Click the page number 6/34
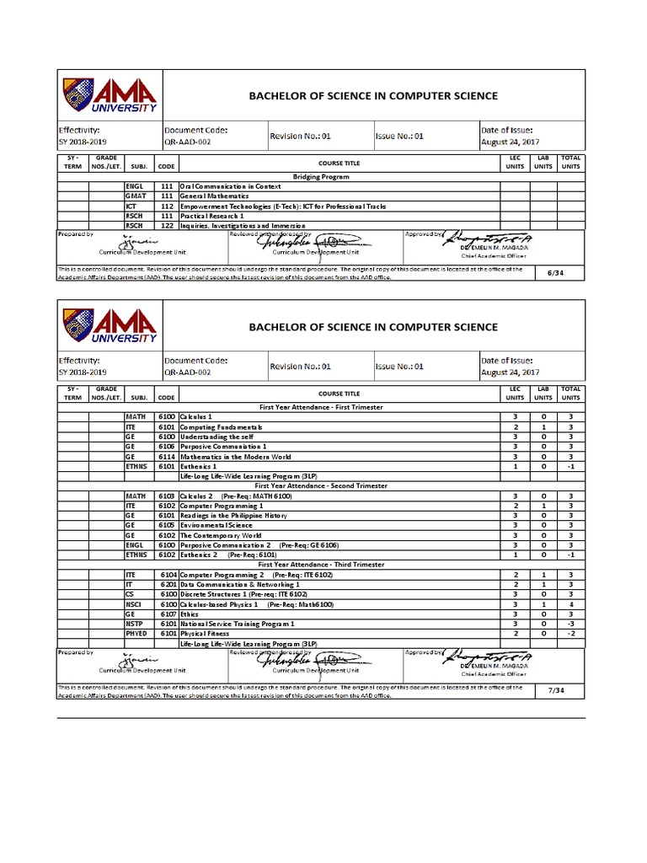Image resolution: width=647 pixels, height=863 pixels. coord(555,273)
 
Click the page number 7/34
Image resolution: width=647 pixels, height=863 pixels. coord(555,689)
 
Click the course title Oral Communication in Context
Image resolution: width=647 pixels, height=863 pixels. coord(233,186)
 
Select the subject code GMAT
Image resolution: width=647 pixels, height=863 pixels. coord(135,196)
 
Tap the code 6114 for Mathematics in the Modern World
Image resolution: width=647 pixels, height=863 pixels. coord(166,456)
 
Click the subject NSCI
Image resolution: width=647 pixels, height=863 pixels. coord(135,604)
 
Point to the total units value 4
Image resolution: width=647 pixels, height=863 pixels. coord(570,604)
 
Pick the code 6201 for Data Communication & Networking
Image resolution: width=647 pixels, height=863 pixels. coord(167,584)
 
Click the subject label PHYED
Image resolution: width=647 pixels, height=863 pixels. coord(136,634)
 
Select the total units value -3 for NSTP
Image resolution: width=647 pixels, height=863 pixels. coord(570,624)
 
